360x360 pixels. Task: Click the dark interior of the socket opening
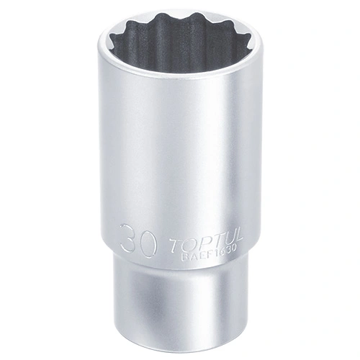coord(180,43)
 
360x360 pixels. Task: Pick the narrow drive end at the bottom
coord(180,310)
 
